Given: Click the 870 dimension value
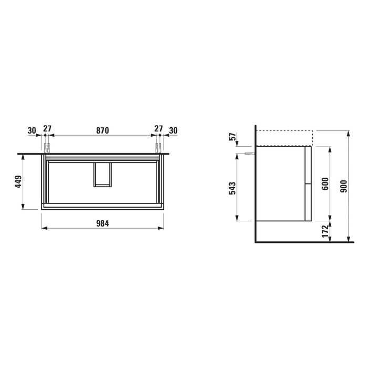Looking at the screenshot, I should (102, 130).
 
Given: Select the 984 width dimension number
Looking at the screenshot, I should (102, 222).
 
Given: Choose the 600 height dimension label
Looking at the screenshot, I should (325, 183).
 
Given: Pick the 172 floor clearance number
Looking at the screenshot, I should (325, 231).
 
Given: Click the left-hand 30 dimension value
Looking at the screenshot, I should (32, 130).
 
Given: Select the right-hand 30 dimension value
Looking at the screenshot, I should (173, 130).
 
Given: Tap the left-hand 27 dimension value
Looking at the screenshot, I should (47, 130).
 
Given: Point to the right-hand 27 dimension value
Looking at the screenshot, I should (158, 130).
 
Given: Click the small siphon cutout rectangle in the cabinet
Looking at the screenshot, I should (103, 175).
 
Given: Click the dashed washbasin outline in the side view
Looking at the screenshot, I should (284, 138).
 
